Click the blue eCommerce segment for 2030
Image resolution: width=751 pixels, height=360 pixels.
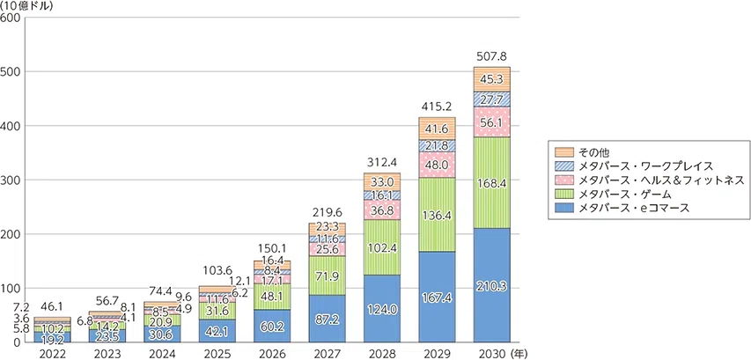tap(492, 285)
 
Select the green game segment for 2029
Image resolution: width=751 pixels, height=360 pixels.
tap(437, 215)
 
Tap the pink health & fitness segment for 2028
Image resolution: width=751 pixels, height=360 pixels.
tap(382, 209)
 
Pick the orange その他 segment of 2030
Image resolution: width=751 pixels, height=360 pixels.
tap(492, 79)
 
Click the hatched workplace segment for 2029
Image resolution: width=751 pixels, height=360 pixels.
tap(437, 146)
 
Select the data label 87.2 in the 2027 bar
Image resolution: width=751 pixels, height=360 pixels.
tap(327, 319)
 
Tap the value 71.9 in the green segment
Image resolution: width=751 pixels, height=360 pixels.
tap(327, 276)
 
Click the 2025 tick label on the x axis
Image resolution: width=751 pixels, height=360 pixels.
tap(217, 353)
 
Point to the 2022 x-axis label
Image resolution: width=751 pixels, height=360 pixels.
tap(52, 353)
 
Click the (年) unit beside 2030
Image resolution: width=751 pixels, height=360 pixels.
tap(519, 353)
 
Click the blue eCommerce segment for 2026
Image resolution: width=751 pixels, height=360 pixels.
tap(271, 326)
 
